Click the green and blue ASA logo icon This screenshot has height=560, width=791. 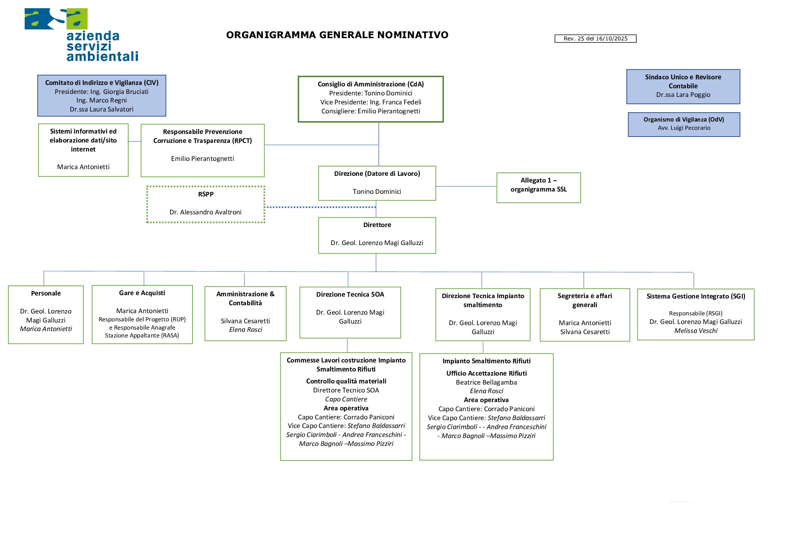(x=56, y=19)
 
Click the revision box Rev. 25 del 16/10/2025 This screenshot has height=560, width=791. (x=595, y=39)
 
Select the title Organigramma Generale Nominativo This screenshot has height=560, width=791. (x=337, y=35)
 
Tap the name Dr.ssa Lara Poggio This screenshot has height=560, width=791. (x=683, y=95)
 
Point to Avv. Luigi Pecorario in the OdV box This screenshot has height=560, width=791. (x=684, y=128)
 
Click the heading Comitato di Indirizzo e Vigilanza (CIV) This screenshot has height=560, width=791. (x=102, y=83)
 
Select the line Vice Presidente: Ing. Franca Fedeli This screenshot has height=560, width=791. (x=370, y=102)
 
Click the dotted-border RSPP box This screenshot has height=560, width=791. (x=206, y=204)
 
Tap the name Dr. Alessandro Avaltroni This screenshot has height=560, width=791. (x=205, y=212)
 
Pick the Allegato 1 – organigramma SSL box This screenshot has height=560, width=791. (x=538, y=187)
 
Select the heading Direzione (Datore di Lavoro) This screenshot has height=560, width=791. (x=377, y=174)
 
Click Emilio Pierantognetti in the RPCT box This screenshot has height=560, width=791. (x=202, y=159)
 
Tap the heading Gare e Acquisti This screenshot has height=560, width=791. (x=142, y=293)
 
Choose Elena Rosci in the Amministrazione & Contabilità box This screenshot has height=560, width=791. (x=245, y=330)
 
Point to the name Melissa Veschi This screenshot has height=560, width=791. (x=695, y=331)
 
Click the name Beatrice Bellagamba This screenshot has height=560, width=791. (x=486, y=382)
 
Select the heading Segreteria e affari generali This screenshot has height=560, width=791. (x=584, y=300)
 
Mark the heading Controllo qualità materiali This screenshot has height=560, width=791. (x=346, y=381)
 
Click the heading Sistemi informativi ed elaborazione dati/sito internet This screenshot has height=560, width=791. (x=83, y=140)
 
